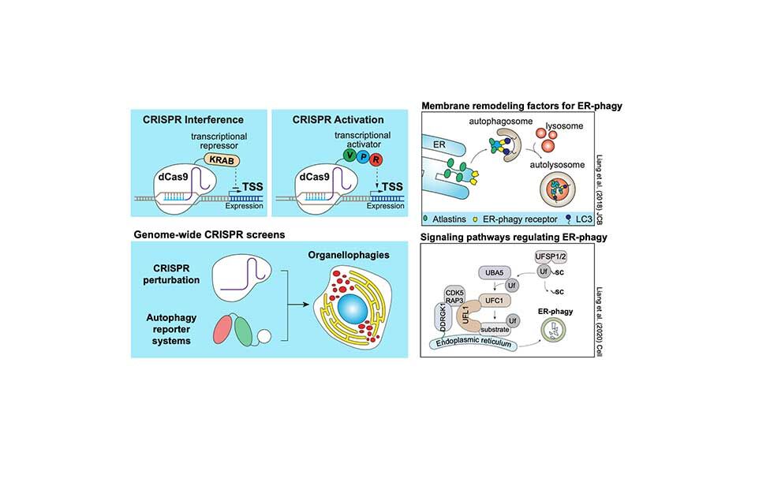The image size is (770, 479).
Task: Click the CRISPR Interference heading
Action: click(186, 120)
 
